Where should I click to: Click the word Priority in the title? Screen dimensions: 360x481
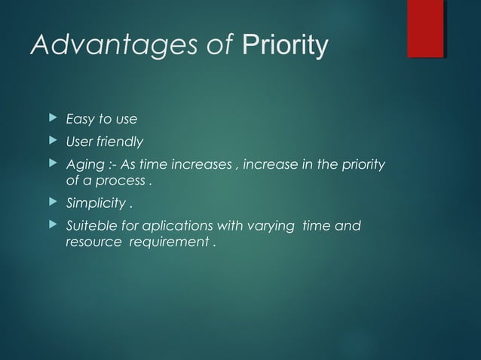(x=285, y=46)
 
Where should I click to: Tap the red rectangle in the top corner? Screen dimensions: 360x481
(x=425, y=29)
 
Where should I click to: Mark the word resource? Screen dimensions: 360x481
(x=91, y=243)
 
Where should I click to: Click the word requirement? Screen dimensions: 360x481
(x=168, y=243)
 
